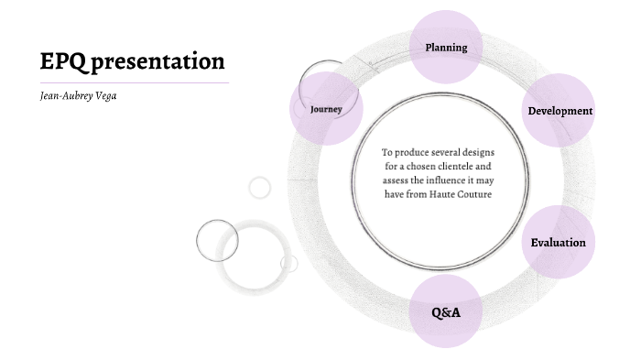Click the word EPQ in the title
pyautogui.click(x=62, y=61)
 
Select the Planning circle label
pyautogui.click(x=446, y=48)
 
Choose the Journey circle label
pyautogui.click(x=326, y=109)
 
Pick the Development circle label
pyautogui.click(x=560, y=111)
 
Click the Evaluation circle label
pyautogui.click(x=558, y=243)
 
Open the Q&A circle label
pyautogui.click(x=446, y=312)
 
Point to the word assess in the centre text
pyautogui.click(x=397, y=180)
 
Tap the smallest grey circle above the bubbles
pyautogui.click(x=260, y=187)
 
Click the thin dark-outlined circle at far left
pyautogui.click(x=217, y=241)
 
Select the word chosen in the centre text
pyautogui.click(x=417, y=167)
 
